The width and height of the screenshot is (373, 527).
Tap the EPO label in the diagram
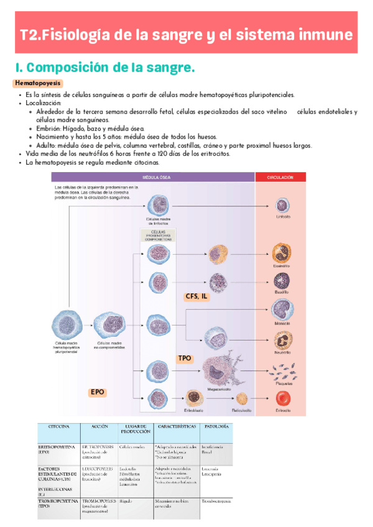(98, 392)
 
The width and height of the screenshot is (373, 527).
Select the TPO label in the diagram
(185, 359)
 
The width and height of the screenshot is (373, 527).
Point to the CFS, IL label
(196, 296)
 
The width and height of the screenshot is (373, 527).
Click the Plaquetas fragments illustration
(283, 371)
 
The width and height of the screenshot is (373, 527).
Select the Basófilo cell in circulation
(282, 282)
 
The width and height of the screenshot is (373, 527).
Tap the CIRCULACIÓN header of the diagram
(280, 177)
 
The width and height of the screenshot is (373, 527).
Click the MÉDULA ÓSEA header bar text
(153, 177)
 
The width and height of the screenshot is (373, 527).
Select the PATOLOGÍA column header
(216, 427)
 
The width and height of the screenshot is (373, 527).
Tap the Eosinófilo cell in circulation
(282, 252)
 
